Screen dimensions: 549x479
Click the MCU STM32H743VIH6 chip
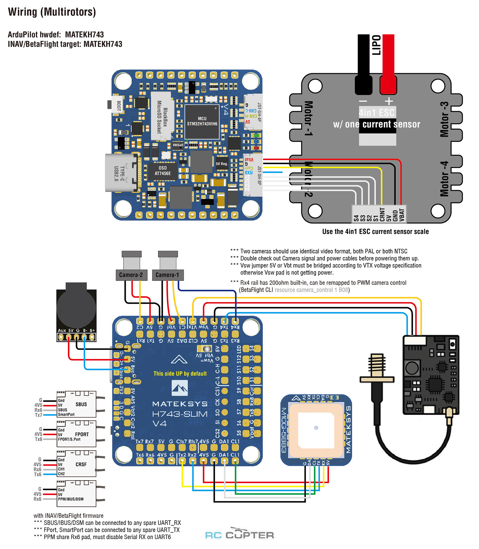(202, 121)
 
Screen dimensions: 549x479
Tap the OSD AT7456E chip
(163, 171)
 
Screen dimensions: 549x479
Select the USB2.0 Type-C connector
(121, 173)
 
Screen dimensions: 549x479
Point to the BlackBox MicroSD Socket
(162, 116)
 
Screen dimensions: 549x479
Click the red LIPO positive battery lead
(388, 64)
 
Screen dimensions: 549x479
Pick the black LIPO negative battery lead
(363, 64)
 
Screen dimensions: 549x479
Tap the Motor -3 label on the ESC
(444, 119)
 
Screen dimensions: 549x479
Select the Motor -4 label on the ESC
(444, 179)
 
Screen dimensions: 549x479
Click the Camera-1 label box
(167, 275)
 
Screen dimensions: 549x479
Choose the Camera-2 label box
(131, 275)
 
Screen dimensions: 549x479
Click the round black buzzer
(76, 307)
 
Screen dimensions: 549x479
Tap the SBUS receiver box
(77, 405)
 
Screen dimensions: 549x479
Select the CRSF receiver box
(77, 464)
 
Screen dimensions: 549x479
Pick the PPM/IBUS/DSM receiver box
(77, 494)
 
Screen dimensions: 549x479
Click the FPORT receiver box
(77, 434)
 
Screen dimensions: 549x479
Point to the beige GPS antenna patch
(316, 428)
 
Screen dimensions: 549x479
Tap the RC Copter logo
(240, 534)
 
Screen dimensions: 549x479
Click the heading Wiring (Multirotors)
(52, 12)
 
